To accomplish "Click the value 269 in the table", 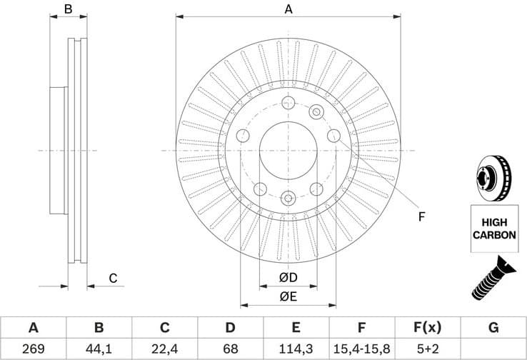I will [x=33, y=349].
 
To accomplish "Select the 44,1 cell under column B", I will [x=99, y=349].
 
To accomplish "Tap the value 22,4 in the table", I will [x=164, y=349].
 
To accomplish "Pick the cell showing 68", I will [x=230, y=349].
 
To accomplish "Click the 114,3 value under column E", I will [x=296, y=349].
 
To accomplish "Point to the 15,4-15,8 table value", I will [x=361, y=349].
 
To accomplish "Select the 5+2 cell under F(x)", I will [x=427, y=349].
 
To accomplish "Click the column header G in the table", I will [x=493, y=328].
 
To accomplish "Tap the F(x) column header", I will [x=427, y=328].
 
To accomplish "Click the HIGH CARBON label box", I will [x=492, y=228].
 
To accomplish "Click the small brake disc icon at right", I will [x=492, y=179].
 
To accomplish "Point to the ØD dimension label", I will [x=288, y=277].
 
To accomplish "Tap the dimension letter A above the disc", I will [x=288, y=9].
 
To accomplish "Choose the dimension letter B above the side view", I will [x=69, y=9].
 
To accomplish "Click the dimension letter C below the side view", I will [x=112, y=278].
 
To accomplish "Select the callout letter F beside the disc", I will [x=421, y=216].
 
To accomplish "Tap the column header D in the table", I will [x=230, y=328].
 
